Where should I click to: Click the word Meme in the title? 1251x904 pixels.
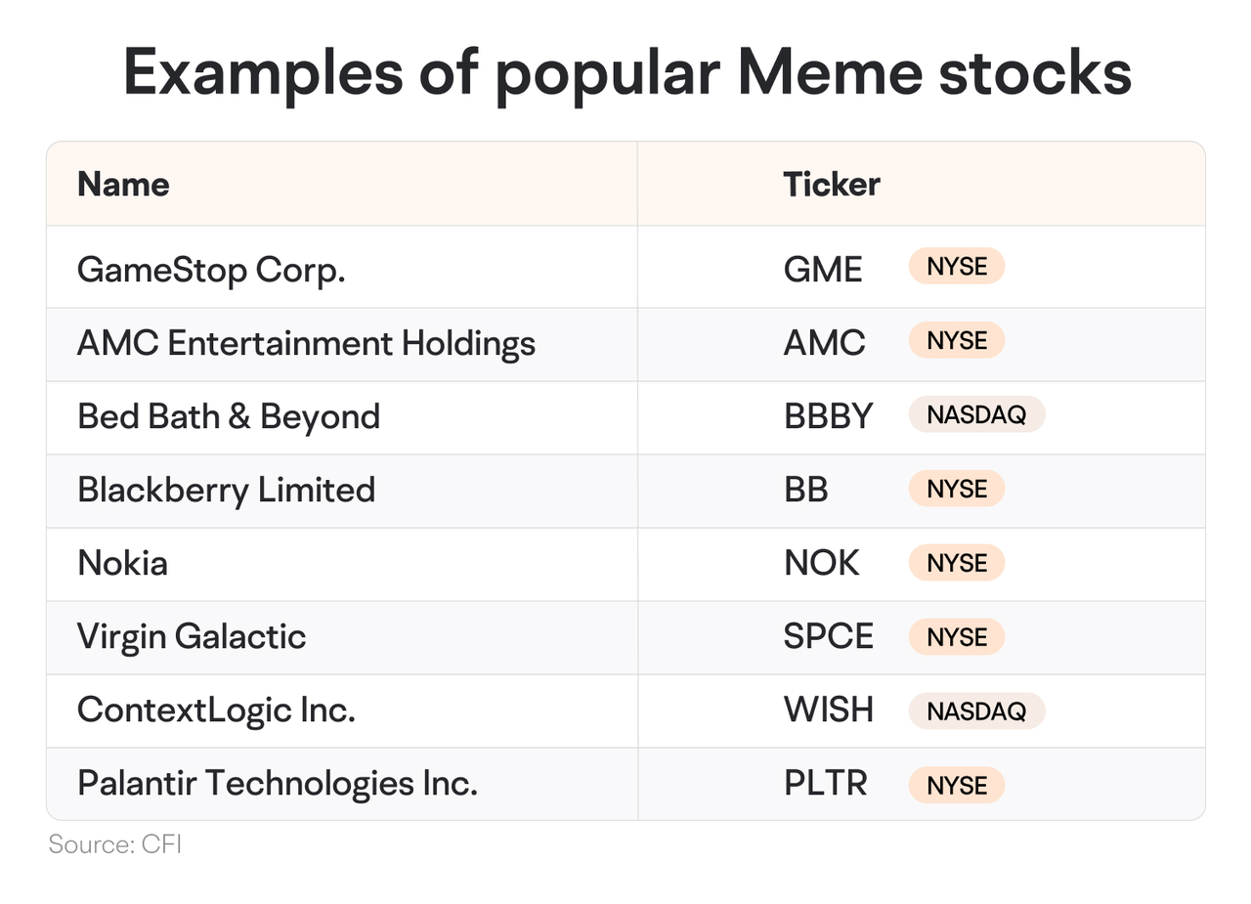point(830,72)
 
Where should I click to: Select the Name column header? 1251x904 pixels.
point(123,184)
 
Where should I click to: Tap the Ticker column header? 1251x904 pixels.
point(832,184)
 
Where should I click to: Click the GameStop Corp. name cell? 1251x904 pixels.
point(211,271)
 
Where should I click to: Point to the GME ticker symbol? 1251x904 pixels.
point(823,269)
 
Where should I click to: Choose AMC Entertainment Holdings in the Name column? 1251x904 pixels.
point(306,343)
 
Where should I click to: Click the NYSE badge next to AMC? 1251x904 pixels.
point(957,340)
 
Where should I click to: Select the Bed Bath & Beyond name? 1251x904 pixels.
point(229,416)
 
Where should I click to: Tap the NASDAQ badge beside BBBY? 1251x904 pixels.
point(976,414)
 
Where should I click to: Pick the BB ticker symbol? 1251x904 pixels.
point(806,489)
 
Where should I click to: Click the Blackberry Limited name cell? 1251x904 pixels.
point(226,491)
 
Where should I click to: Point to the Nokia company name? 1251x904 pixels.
point(123,563)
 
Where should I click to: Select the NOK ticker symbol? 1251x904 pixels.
point(822,562)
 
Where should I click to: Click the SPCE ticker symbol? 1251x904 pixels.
point(828,636)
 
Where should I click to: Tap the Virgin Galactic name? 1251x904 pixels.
point(192,637)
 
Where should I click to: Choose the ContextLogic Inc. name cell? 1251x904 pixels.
point(216,710)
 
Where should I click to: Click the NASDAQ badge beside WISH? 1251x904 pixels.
point(976,710)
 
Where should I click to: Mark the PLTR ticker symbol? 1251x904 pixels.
point(826,783)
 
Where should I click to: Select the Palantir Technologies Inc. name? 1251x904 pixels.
point(278,784)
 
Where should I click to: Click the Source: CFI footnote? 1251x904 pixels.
point(115,844)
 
